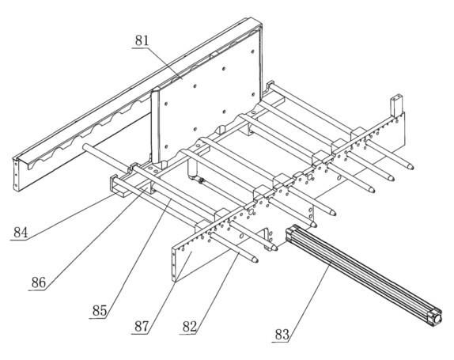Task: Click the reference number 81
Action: pos(142,41)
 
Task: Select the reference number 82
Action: pos(190,327)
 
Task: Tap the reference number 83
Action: pos(282,335)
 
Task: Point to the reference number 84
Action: pos(21,233)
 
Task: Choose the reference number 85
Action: pos(100,311)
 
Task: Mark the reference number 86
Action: pos(39,282)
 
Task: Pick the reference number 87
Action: pos(142,327)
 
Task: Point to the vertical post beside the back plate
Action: pos(156,126)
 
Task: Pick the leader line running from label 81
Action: pos(165,63)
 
